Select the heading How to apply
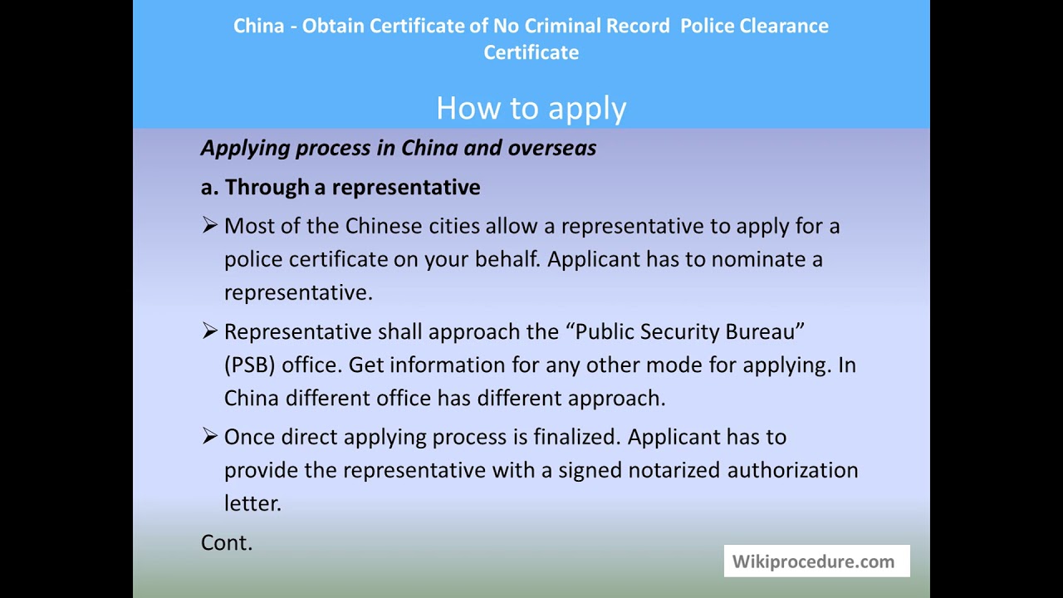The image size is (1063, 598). (531, 108)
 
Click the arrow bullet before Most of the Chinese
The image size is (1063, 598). (209, 225)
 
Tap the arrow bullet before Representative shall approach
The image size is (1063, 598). (209, 331)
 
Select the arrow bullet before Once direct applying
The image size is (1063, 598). (209, 436)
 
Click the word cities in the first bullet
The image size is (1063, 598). (454, 226)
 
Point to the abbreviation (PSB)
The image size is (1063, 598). (249, 365)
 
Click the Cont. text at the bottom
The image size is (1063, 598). (227, 542)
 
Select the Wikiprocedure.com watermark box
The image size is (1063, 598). (816, 561)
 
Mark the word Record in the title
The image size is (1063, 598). (637, 26)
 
